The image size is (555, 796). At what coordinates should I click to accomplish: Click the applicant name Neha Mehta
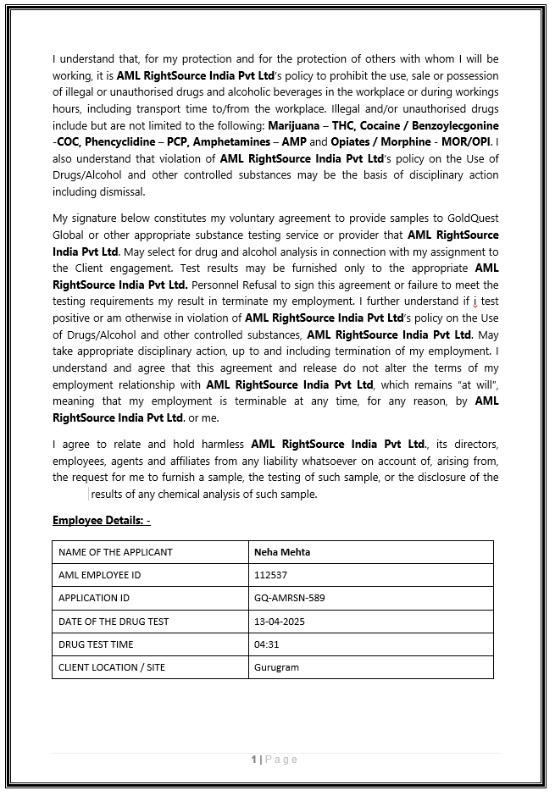point(282,552)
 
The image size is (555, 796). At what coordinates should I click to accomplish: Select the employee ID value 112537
point(270,575)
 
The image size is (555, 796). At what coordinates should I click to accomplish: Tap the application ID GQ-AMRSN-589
point(289,598)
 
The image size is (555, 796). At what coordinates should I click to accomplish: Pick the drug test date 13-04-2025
point(280,622)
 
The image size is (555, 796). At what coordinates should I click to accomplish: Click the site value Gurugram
point(276,667)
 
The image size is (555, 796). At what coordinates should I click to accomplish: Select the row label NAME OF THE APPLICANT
point(115,552)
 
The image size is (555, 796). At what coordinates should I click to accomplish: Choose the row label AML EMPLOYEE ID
point(100,575)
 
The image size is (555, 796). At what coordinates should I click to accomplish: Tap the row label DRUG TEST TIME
point(96,644)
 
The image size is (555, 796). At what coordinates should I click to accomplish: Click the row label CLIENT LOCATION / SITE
point(112,667)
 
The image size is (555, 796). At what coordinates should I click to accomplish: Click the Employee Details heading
point(101,520)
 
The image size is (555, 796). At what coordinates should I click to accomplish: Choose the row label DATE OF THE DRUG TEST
point(114,622)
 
